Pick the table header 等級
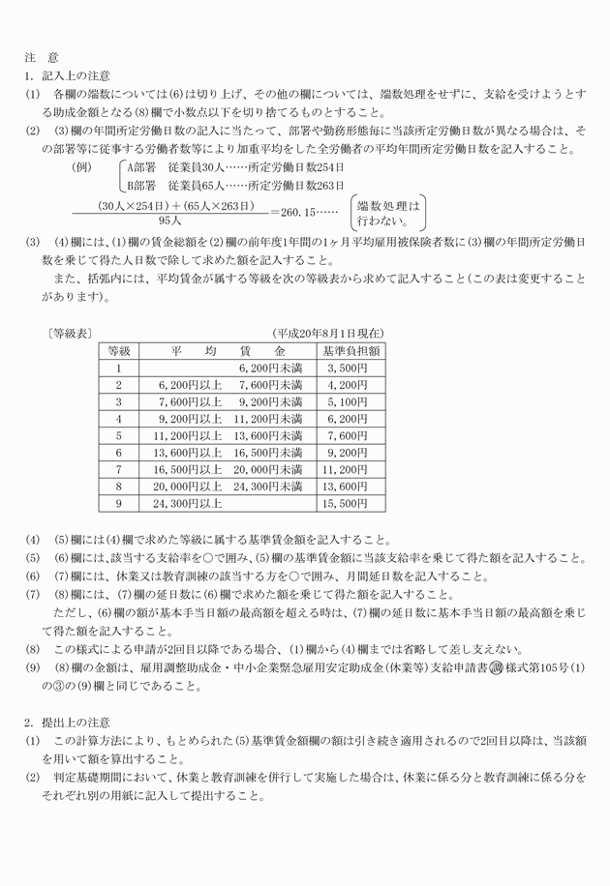point(120,350)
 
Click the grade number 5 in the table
point(120,436)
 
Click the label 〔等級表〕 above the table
point(67,333)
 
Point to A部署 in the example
point(141,165)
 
